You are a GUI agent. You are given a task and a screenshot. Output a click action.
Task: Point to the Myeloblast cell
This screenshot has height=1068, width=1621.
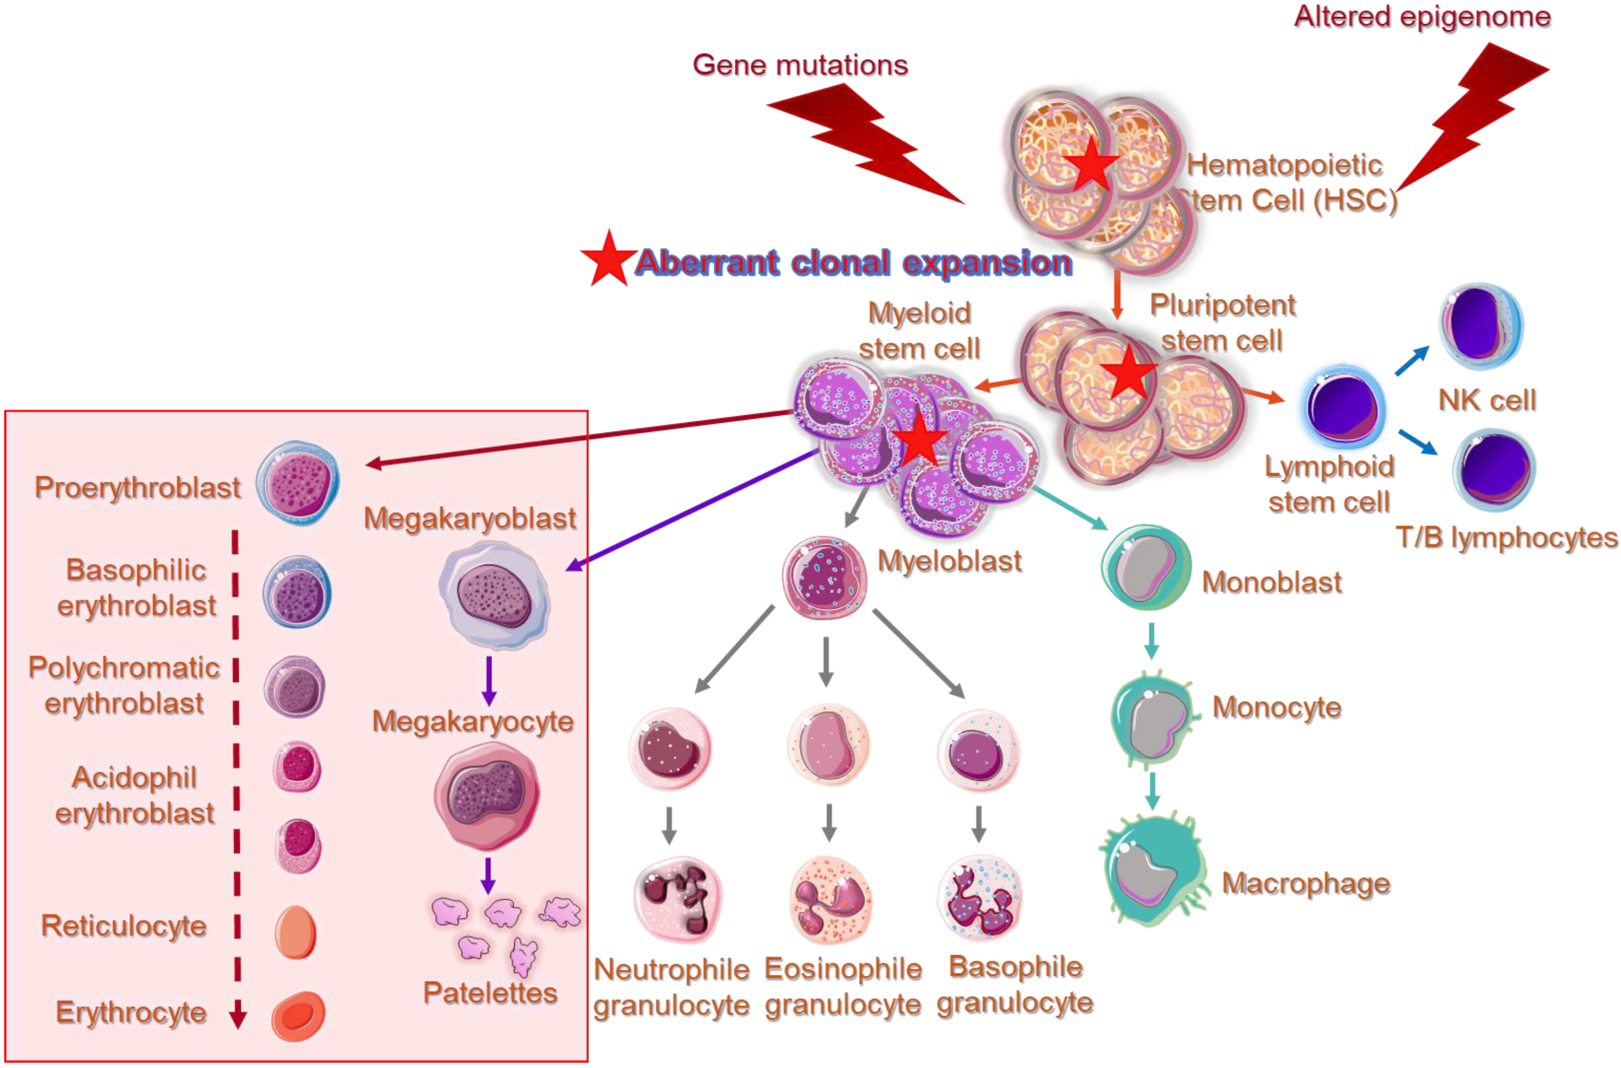point(824,578)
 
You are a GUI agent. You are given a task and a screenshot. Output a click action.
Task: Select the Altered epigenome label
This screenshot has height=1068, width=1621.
point(1422,16)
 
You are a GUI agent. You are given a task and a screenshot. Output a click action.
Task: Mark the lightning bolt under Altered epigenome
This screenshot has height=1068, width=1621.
point(1471,116)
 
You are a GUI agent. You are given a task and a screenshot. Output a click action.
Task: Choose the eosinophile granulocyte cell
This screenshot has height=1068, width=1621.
point(831,899)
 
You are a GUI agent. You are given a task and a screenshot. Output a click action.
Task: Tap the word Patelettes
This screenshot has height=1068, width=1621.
point(491,993)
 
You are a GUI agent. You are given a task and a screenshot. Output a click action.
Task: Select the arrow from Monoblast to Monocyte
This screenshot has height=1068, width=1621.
point(1151,641)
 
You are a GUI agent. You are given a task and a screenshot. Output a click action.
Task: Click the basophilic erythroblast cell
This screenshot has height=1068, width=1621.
point(297,591)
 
